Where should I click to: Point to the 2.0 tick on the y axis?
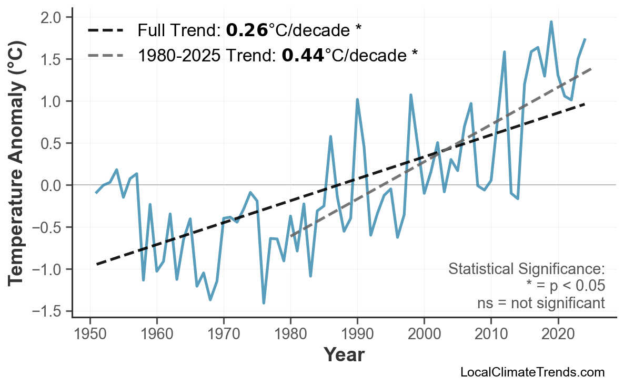click(55, 17)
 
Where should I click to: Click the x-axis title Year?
click(344, 355)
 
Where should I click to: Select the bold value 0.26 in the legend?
click(247, 30)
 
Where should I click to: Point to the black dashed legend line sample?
click(105, 30)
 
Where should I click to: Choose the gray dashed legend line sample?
click(105, 55)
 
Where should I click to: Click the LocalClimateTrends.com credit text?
click(532, 372)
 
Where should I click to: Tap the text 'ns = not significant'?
click(541, 303)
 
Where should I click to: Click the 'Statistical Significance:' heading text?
click(527, 269)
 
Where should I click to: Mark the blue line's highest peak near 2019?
click(551, 22)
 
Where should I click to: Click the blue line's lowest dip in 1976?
click(264, 303)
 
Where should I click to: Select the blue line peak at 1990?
click(357, 99)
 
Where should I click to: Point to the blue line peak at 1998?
click(410, 95)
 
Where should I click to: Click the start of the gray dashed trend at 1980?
click(290, 236)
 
